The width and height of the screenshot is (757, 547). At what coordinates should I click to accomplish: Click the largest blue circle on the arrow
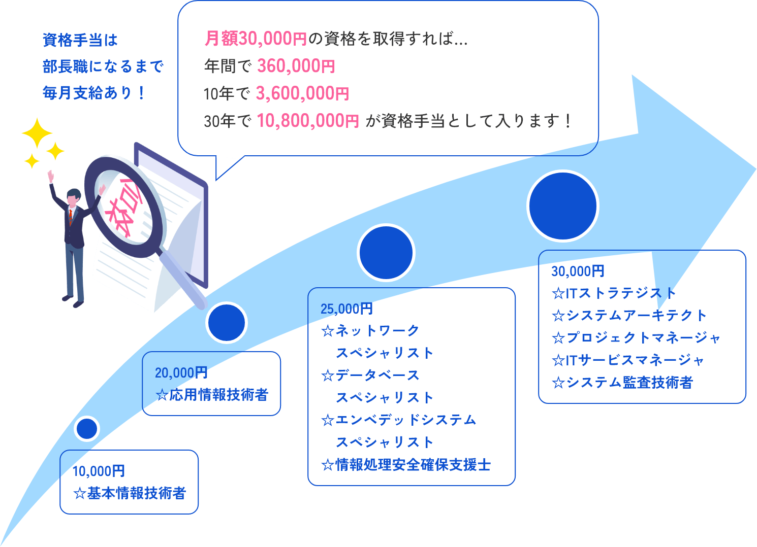tap(562, 206)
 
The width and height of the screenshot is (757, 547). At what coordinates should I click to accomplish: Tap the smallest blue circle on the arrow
tap(87, 429)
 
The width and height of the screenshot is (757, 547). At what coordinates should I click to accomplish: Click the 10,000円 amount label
tap(99, 471)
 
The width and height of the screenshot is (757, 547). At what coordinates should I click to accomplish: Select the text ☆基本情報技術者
tap(130, 493)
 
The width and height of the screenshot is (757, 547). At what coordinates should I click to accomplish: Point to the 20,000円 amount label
tap(181, 373)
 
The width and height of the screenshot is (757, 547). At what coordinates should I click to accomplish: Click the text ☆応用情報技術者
tap(212, 395)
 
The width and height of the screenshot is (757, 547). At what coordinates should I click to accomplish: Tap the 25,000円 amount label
tap(346, 309)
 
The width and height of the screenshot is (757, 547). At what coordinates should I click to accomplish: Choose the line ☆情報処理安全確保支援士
tap(406, 464)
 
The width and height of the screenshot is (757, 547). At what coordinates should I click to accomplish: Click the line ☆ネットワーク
tap(370, 331)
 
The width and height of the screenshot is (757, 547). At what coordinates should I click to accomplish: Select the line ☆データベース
tap(370, 375)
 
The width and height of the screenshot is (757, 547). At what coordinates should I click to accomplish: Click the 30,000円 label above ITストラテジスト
tap(578, 271)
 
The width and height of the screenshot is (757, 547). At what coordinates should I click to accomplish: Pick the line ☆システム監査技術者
tap(622, 382)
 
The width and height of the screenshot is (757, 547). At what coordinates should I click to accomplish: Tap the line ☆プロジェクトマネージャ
tap(636, 337)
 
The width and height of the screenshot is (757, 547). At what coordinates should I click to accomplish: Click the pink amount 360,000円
tap(296, 66)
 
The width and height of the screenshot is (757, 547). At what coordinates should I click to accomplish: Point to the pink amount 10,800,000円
tap(308, 121)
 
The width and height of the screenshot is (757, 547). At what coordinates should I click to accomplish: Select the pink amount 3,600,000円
tap(302, 93)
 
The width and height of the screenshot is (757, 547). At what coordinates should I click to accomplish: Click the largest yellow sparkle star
tap(37, 133)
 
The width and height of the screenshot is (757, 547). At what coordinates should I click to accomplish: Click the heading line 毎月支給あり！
tap(94, 93)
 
